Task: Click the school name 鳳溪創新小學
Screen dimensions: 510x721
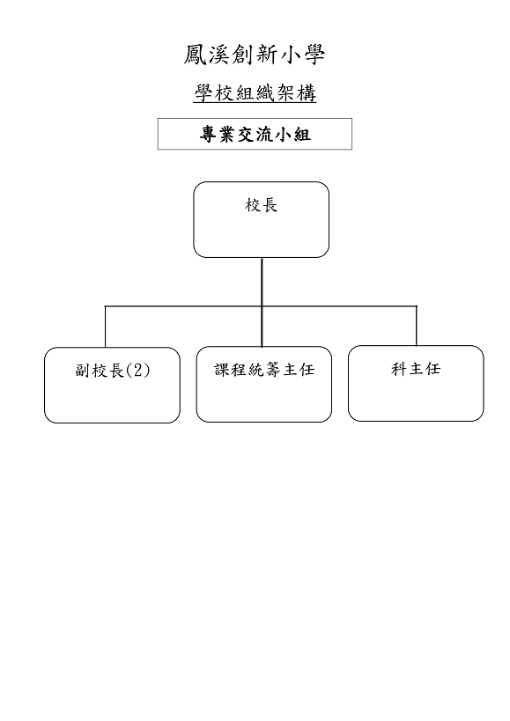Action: click(255, 55)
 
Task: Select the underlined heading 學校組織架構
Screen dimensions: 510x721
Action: click(255, 93)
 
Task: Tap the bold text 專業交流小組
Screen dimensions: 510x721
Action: click(255, 135)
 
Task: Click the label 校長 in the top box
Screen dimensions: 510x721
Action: click(262, 205)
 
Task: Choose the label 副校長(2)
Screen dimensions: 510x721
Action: click(113, 370)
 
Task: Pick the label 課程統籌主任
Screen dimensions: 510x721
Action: click(264, 369)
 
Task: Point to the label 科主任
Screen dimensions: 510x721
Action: click(416, 369)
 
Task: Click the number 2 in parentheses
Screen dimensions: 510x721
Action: click(137, 370)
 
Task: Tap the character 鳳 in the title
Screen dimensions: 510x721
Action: click(196, 55)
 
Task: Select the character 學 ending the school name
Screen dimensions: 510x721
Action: click(314, 55)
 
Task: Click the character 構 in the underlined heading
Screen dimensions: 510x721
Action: click(307, 93)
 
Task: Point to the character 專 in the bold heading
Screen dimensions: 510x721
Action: click(208, 135)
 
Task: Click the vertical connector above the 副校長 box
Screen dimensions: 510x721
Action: click(106, 327)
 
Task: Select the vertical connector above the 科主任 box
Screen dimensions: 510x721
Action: click(416, 326)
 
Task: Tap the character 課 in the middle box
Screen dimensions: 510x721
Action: click(223, 369)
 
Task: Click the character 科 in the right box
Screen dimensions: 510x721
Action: click(399, 369)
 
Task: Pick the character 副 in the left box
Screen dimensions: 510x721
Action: click(83, 370)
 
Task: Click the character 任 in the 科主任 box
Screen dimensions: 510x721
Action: click(432, 369)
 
